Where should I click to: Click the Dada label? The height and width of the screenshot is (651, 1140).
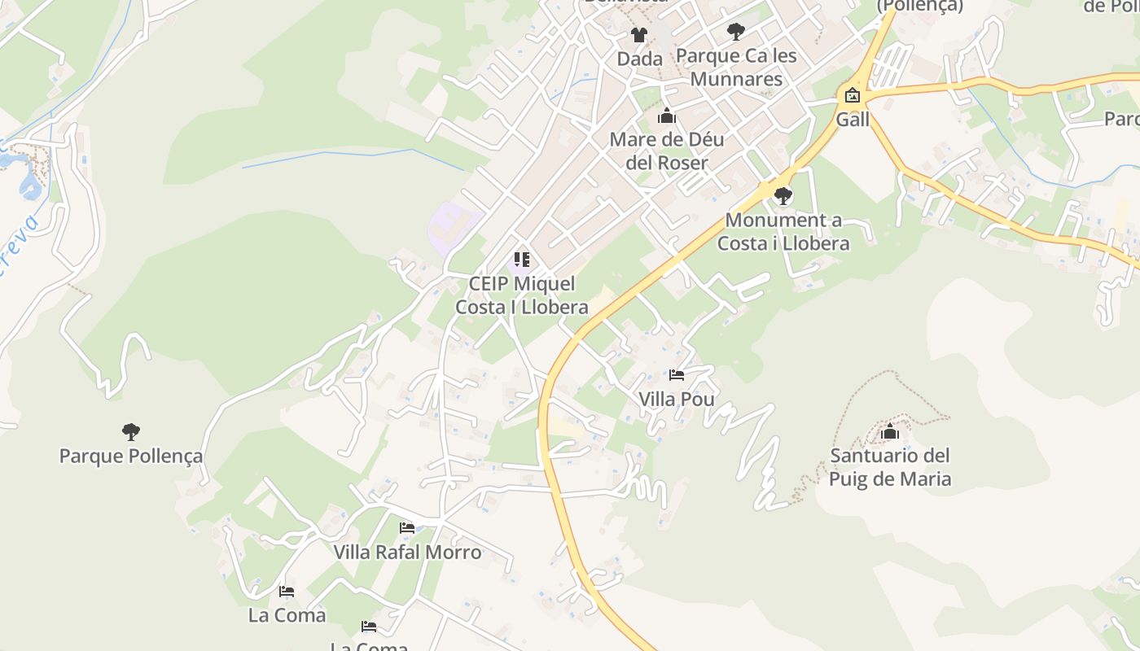click(639, 59)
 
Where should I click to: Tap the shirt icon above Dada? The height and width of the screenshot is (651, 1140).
click(639, 35)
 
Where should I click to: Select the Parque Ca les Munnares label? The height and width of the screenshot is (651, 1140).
click(736, 68)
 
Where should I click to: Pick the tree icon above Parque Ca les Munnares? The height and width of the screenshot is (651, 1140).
click(736, 32)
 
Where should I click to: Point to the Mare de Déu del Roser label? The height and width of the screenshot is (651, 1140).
click(667, 151)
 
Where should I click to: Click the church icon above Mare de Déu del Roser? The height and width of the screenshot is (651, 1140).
click(667, 116)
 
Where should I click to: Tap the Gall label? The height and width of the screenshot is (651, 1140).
click(853, 120)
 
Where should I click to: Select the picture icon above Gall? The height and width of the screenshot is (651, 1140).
click(853, 96)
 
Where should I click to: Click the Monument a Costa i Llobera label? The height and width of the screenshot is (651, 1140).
click(783, 232)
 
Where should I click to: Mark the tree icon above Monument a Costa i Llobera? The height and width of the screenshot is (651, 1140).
click(783, 196)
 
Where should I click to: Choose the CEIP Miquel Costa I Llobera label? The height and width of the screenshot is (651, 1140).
click(522, 295)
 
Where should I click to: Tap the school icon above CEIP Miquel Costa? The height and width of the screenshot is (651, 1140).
click(522, 260)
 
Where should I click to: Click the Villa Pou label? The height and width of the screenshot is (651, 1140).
click(677, 399)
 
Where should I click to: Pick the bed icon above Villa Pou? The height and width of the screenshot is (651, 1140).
click(677, 375)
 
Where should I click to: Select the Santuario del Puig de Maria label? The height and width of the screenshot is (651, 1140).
click(890, 467)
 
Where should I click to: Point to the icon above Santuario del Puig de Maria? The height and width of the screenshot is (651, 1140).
click(890, 431)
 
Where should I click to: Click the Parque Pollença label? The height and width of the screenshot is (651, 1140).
click(131, 456)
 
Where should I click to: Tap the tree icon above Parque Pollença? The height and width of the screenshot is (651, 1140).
click(131, 431)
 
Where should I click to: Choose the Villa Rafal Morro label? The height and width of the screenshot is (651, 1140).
click(407, 552)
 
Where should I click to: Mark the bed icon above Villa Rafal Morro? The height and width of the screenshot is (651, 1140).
click(407, 528)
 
